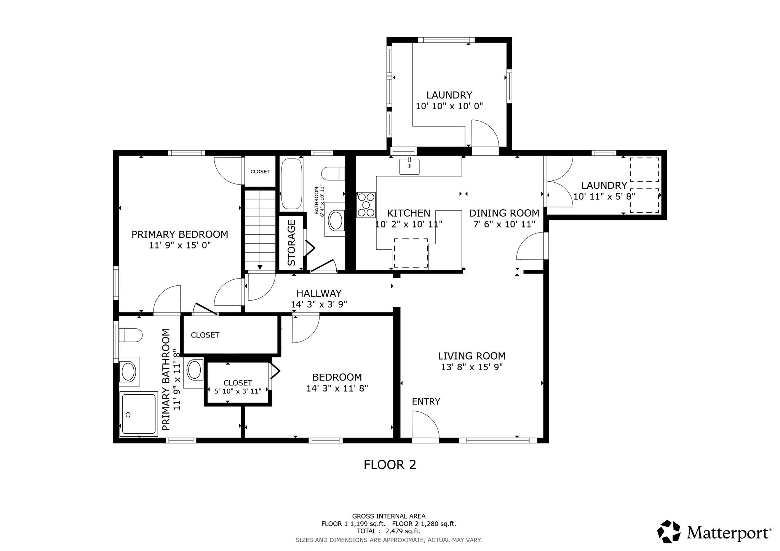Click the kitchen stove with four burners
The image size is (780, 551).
(x=366, y=205)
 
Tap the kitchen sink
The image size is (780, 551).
(x=409, y=166)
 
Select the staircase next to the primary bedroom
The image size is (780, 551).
(x=260, y=230)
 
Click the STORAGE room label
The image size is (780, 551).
(x=292, y=243)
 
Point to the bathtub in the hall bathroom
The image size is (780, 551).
(x=292, y=184)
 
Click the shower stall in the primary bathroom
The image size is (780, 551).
(x=138, y=413)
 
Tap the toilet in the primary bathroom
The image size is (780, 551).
(x=130, y=335)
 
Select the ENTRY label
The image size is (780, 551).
(x=426, y=401)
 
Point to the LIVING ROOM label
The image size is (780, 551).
(x=472, y=356)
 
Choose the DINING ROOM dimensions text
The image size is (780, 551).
(x=504, y=224)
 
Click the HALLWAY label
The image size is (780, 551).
(x=319, y=293)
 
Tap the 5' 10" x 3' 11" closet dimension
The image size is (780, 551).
(x=238, y=391)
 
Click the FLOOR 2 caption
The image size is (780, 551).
(x=390, y=465)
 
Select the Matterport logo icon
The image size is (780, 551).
(x=669, y=532)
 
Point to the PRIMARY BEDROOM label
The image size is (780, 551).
(x=180, y=234)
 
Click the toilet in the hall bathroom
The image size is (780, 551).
(x=333, y=174)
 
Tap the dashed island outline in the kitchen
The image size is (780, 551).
(x=411, y=253)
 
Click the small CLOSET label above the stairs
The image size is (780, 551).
(x=260, y=172)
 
